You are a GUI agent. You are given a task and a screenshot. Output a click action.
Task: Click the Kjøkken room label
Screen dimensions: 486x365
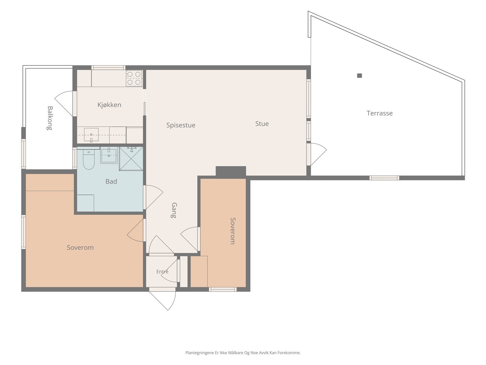click(109, 105)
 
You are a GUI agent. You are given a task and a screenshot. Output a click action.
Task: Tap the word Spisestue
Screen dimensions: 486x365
click(181, 125)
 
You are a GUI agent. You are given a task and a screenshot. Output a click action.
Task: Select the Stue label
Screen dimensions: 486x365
click(262, 124)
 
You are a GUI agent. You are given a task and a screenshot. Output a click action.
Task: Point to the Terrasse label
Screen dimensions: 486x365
click(379, 113)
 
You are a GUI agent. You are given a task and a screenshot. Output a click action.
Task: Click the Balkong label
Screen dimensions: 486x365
click(50, 118)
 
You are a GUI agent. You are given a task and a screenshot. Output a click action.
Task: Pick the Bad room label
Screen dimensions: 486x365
click(111, 182)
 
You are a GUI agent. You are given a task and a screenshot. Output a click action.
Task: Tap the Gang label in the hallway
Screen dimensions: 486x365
click(174, 210)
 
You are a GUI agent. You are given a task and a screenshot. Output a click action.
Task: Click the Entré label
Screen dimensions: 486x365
click(162, 272)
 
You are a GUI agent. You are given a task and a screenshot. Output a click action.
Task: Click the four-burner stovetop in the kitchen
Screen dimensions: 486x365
click(134, 78)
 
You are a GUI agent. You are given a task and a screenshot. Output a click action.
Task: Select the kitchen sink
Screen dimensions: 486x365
click(91, 134)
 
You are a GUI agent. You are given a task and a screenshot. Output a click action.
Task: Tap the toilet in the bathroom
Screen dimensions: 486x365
click(89, 159)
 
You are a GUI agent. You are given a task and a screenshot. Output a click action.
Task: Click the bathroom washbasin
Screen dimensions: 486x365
click(109, 156)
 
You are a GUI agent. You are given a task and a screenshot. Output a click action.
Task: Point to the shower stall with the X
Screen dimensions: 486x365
click(131, 159)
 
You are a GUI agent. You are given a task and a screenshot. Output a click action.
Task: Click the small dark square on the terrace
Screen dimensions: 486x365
click(360, 76)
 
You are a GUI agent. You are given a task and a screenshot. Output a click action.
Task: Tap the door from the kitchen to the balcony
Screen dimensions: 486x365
click(64, 103)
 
